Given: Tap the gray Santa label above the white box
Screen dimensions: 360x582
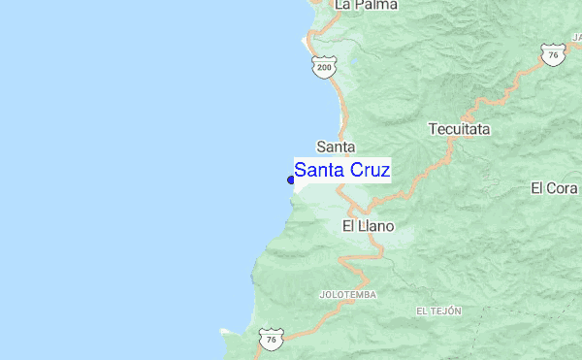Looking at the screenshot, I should click(x=335, y=147).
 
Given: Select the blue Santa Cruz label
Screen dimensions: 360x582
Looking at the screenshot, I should click(x=342, y=170).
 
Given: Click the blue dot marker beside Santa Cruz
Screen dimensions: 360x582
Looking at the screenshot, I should click(x=291, y=180).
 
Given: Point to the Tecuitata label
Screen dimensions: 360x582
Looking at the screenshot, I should click(x=459, y=128).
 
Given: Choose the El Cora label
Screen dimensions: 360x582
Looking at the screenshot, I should click(x=554, y=187).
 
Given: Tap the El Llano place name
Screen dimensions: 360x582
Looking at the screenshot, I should click(x=368, y=226).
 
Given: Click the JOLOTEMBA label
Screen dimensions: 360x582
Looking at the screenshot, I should click(x=347, y=293).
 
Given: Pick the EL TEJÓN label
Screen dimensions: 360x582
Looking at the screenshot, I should click(x=438, y=311).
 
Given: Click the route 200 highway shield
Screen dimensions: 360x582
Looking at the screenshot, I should click(x=324, y=66).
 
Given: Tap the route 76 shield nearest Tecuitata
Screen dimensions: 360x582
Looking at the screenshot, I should click(x=551, y=55).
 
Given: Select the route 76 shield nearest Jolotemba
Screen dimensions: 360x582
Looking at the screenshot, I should click(x=270, y=339).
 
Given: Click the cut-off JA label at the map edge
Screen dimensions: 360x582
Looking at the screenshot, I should click(x=575, y=37).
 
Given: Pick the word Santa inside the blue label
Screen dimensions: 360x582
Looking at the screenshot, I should click(x=317, y=170).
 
